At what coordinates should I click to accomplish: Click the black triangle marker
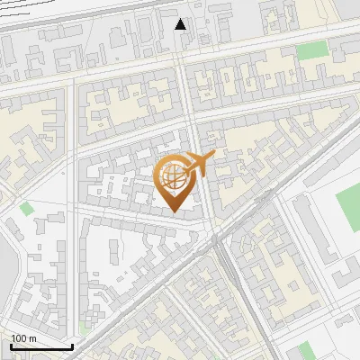coord(181,23)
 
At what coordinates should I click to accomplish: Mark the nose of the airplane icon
coord(213,157)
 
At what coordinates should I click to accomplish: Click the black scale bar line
coord(41,346)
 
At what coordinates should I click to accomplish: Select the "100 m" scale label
coord(23,338)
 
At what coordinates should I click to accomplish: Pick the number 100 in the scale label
coord(20,338)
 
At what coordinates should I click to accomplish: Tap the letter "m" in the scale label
coord(32,338)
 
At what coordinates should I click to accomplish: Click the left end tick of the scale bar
coord(11,345)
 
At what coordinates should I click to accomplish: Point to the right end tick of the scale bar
coord(72,345)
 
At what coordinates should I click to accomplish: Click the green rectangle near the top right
coord(311,51)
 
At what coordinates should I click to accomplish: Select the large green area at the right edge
coord(348,210)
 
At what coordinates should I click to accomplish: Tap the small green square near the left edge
coord(26,209)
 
